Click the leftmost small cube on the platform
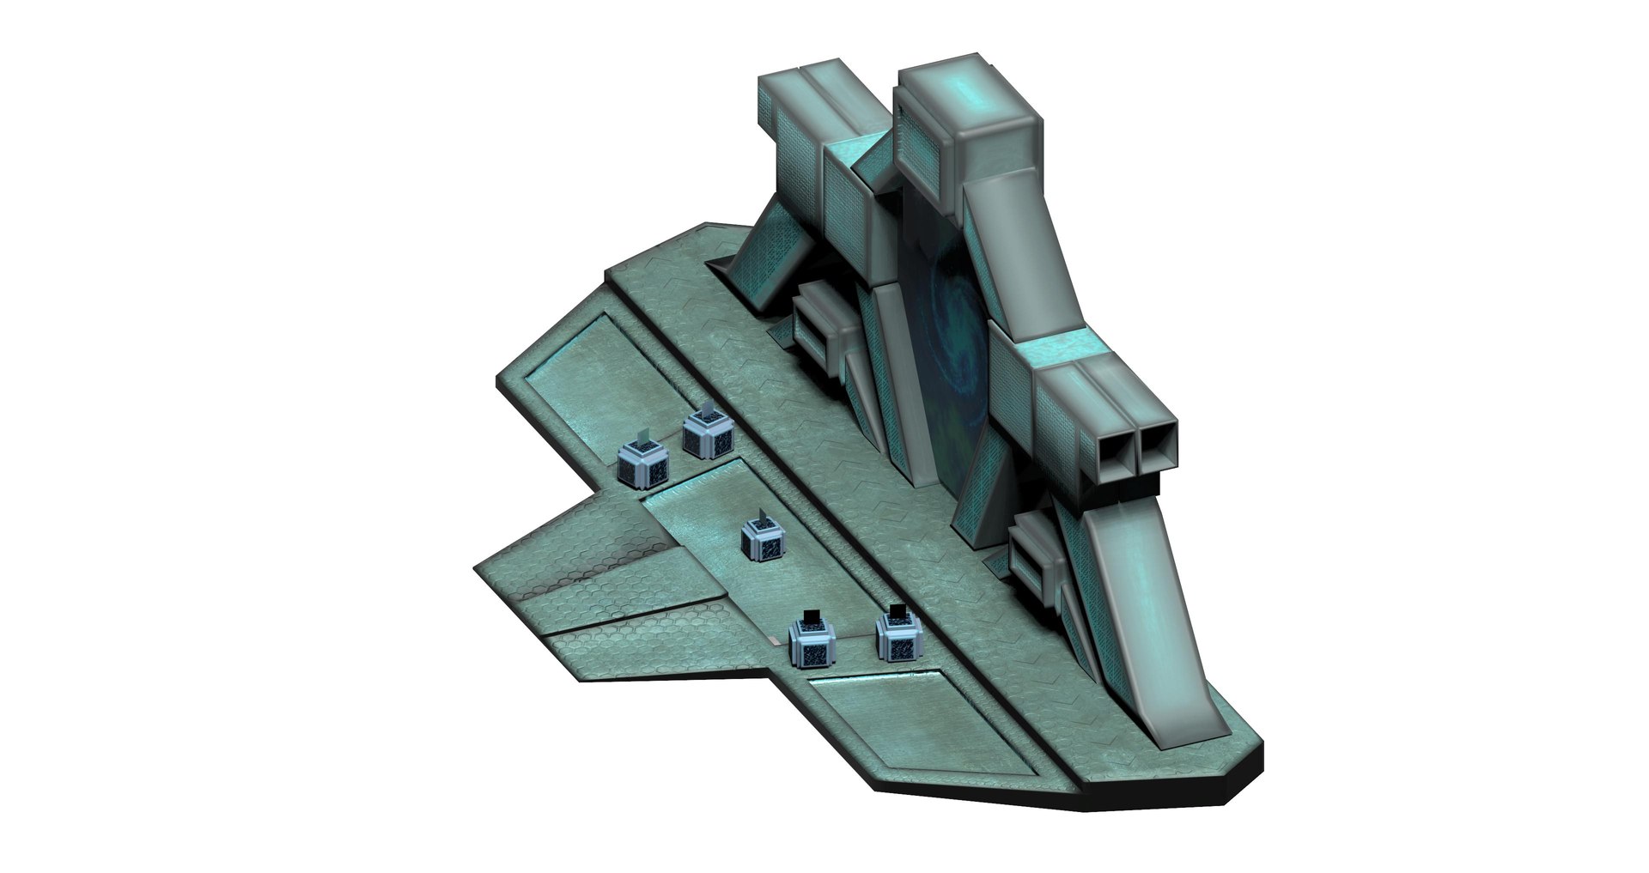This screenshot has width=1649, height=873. (x=642, y=465)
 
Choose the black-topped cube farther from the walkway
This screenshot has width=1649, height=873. (x=812, y=644)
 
